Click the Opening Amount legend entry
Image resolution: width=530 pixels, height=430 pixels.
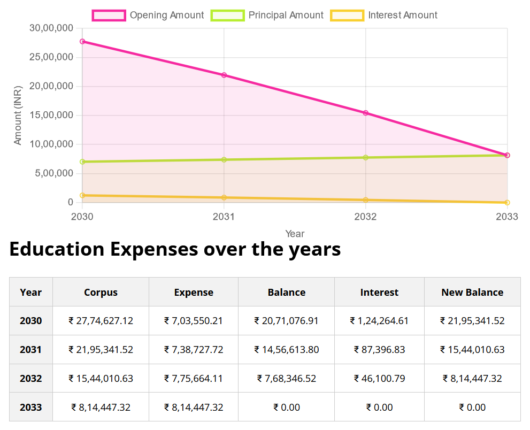[x=148, y=16]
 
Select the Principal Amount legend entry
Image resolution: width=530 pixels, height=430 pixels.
[x=267, y=16]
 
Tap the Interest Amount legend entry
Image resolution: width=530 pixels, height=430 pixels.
[x=384, y=16]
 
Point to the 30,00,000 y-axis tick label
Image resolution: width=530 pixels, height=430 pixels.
[x=51, y=28]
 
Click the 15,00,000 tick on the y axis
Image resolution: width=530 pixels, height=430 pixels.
[x=51, y=115]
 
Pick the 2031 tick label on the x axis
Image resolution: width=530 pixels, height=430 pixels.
[x=224, y=217]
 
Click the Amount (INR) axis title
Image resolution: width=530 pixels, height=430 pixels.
[x=18, y=115]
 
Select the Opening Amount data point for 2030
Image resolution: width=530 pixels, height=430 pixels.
[x=82, y=41]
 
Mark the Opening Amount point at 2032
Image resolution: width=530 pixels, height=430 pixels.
[x=366, y=113]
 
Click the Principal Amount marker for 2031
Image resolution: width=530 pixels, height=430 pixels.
[x=224, y=159]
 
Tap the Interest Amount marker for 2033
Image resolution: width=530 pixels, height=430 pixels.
[x=507, y=202]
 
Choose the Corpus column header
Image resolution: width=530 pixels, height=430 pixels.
[x=101, y=293]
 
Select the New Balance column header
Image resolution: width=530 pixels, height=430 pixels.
[x=472, y=293]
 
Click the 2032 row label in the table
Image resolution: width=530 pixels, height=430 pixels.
[x=30, y=379]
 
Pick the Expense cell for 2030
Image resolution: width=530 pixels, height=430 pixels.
[x=194, y=321]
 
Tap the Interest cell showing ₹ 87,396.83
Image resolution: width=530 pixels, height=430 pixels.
[x=379, y=350]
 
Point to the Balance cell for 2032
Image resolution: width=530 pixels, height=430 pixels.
[x=286, y=379]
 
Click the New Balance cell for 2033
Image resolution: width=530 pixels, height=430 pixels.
[x=472, y=408]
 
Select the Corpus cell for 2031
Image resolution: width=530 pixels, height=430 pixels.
[x=101, y=350]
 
